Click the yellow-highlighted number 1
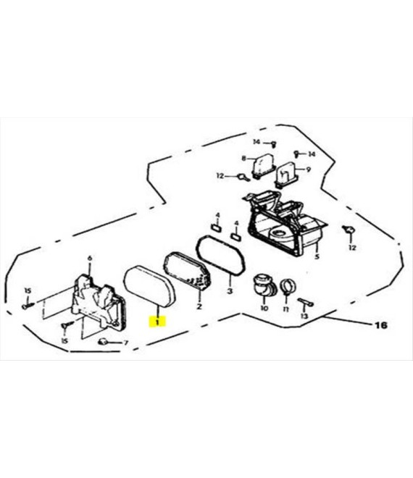[158, 322]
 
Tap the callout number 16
[380, 325]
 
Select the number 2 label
[199, 306]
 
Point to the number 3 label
[230, 291]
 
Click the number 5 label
[317, 256]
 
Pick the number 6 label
[90, 259]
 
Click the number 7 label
[125, 343]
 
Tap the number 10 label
[264, 308]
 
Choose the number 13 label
[304, 316]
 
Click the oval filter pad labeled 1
[150, 286]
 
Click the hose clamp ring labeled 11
[288, 287]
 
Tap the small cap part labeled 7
[104, 341]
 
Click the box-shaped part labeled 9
[286, 175]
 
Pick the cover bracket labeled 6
[99, 301]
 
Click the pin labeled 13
[305, 302]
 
